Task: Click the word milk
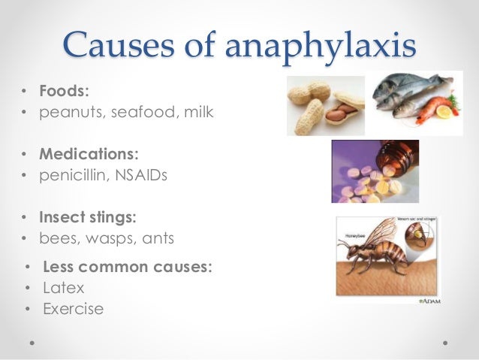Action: [x=197, y=113]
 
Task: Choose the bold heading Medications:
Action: [x=89, y=154]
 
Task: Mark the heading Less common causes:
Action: [x=128, y=267]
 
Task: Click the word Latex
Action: [x=64, y=288]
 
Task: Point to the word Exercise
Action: [x=73, y=308]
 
